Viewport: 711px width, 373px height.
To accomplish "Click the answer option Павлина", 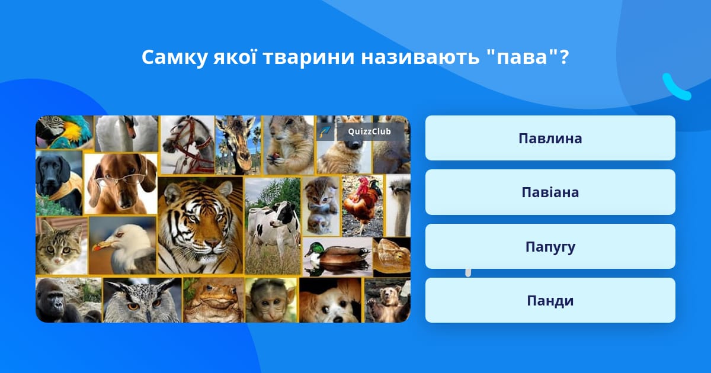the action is point(550,138).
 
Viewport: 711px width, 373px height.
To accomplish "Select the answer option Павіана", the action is point(550,192).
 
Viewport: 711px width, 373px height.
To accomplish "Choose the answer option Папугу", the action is point(550,246).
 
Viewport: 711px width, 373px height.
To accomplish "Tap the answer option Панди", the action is point(550,300).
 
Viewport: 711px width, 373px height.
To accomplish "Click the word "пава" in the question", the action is point(522,57).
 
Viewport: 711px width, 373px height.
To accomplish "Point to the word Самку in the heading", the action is point(174,58).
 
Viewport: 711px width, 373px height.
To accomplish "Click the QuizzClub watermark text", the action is point(369,131).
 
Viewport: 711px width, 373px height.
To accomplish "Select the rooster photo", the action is point(363,206).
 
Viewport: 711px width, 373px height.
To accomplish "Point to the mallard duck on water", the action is point(337,256).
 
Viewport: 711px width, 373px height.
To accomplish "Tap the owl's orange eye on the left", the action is point(133,307).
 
